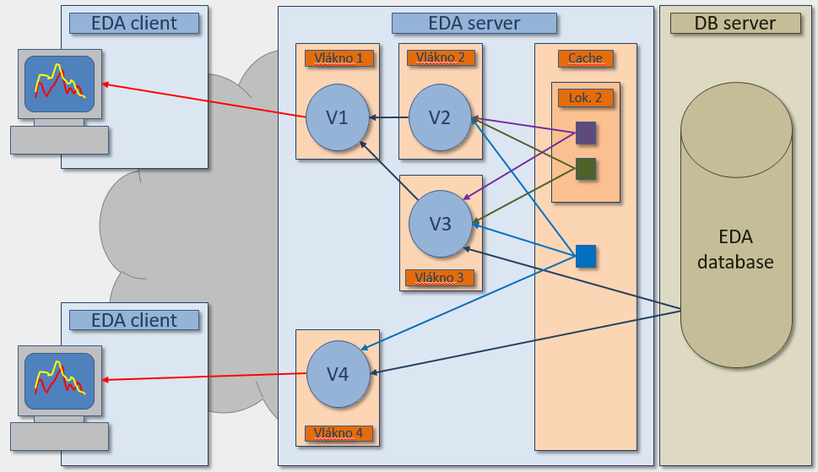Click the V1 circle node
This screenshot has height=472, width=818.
pos(338,118)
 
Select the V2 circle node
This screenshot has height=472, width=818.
pos(440,118)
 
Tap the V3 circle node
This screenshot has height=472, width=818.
pos(440,224)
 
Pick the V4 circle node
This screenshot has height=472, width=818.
pos(338,373)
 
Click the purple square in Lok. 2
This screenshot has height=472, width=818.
pos(586,133)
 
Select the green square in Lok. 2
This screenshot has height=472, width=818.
pos(586,169)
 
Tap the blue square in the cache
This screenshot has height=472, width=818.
pos(586,256)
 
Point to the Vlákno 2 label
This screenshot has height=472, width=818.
pos(440,57)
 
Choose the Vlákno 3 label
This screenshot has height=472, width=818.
pos(440,277)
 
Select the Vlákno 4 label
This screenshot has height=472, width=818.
pos(338,433)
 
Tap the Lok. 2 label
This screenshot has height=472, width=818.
pos(585,97)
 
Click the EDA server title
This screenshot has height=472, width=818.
pos(474,23)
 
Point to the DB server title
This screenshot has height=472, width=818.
pos(734,23)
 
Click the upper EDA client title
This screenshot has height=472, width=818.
pos(134,23)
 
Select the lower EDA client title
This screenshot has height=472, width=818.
pos(134,320)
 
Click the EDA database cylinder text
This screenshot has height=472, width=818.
pos(735,249)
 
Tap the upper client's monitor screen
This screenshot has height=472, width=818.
pos(59,84)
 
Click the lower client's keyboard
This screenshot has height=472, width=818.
pos(59,437)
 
